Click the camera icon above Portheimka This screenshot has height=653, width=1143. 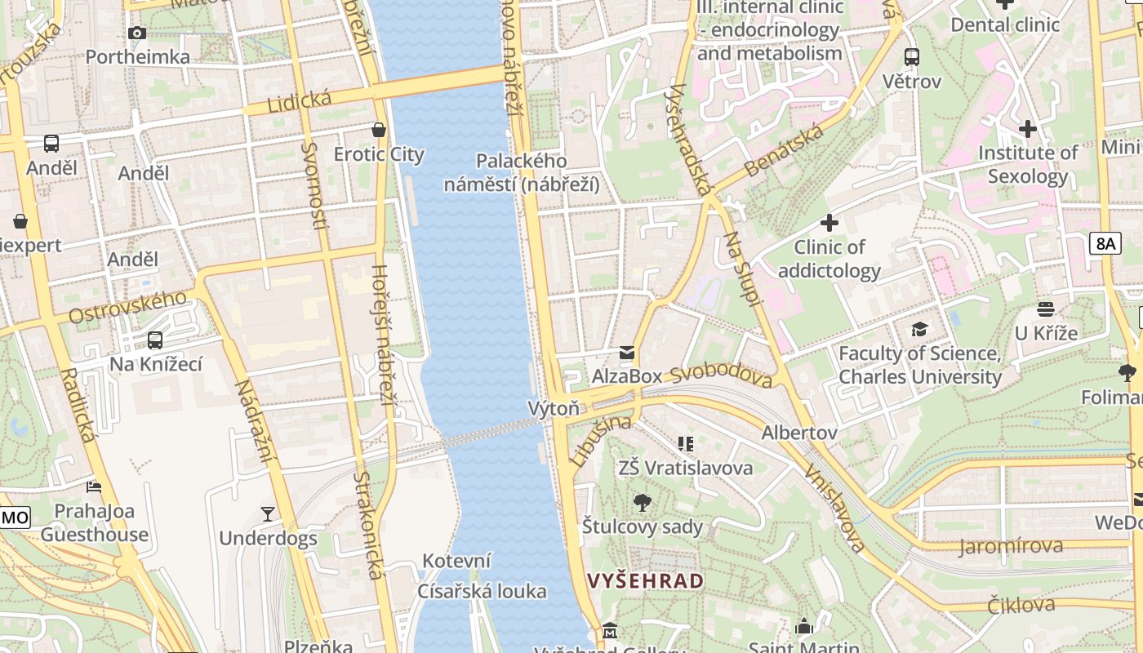tap(137, 33)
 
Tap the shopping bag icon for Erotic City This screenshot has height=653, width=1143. tap(379, 130)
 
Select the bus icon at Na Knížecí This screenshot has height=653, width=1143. tap(155, 340)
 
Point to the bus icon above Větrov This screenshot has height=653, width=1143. tap(912, 57)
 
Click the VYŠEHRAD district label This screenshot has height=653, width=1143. tap(645, 581)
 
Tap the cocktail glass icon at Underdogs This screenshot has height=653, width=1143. tap(268, 513)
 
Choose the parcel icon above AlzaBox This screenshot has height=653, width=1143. tap(626, 353)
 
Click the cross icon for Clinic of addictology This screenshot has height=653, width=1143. tap(829, 222)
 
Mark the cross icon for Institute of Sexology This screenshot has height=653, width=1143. tap(1028, 128)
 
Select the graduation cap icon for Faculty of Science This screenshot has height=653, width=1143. tap(920, 329)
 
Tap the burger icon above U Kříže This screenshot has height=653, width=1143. tap(1046, 309)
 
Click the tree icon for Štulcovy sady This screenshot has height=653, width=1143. tap(643, 503)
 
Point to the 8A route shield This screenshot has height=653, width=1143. tap(1105, 242)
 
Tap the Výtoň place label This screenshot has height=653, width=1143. tap(554, 408)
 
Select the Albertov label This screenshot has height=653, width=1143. tap(799, 433)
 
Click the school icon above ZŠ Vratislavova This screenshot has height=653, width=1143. tap(686, 444)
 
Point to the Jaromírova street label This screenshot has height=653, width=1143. tap(1011, 546)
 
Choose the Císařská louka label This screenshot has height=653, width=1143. tap(482, 591)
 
